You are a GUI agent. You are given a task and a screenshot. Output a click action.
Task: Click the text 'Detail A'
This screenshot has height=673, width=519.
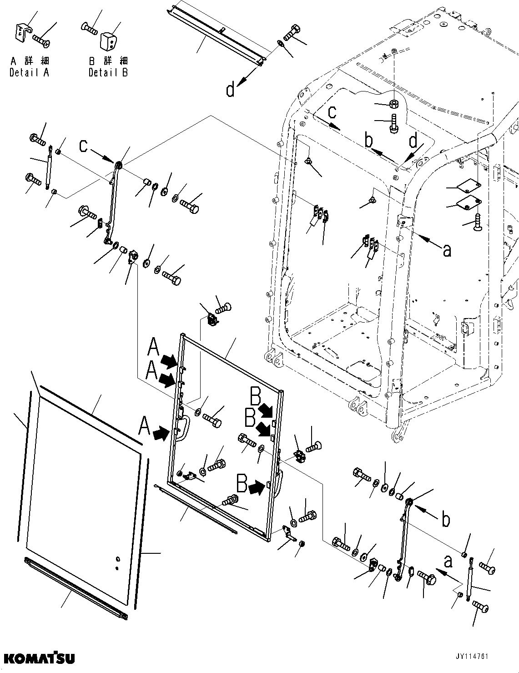[29, 72]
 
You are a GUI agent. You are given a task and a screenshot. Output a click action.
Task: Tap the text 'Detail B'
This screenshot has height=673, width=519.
[108, 72]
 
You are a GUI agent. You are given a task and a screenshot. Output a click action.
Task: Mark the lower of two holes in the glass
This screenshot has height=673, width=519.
[117, 568]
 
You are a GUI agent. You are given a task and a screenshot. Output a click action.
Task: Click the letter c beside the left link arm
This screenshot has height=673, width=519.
[83, 146]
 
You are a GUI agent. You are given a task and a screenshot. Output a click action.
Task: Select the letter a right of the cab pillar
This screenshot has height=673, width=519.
[447, 249]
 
